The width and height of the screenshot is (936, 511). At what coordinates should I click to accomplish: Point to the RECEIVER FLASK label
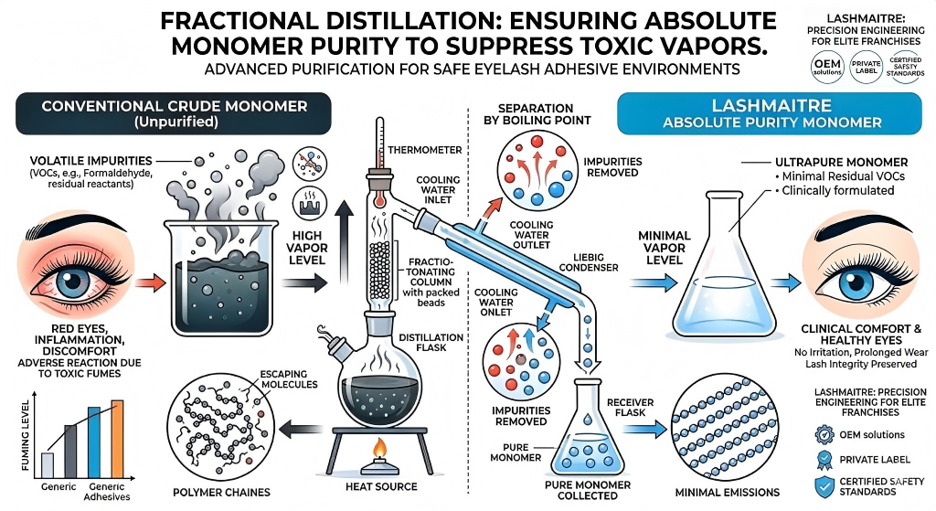pyautogui.click(x=631, y=407)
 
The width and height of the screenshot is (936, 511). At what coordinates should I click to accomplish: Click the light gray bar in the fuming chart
pyautogui.click(x=48, y=463)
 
